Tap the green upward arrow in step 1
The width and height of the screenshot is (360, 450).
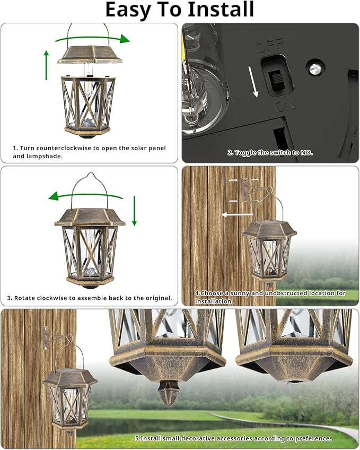[x=46, y=65]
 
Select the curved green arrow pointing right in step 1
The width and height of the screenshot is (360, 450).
[x=93, y=39]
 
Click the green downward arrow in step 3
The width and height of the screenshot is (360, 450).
[x=135, y=211]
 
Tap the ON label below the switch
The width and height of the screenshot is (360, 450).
[x=285, y=107]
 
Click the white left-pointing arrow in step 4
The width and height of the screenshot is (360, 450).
[x=236, y=215]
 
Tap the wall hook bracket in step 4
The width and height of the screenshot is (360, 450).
[x=245, y=190]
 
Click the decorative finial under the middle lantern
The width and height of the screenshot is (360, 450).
[x=169, y=396]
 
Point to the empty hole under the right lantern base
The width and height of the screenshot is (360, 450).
[x=293, y=381]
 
